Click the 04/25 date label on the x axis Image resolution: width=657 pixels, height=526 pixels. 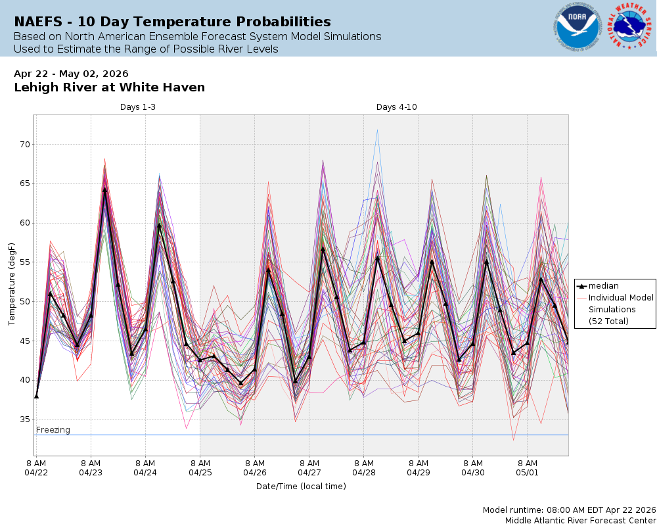tap(200, 472)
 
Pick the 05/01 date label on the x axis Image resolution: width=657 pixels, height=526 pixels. tap(527, 472)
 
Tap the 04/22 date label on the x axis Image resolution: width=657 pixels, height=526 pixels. tap(36, 472)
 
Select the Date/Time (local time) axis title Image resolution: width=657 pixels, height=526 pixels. tap(301, 487)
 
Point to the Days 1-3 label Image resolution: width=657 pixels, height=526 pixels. tap(137, 107)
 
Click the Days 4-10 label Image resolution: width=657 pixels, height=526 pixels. tap(396, 107)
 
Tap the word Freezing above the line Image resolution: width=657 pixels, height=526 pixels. tap(53, 430)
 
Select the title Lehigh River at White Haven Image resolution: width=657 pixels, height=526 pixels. tap(109, 87)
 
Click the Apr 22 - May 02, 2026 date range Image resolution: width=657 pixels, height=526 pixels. tap(71, 74)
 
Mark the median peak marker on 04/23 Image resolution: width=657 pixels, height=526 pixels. tap(104, 189)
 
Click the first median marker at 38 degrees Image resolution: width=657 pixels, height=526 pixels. tap(36, 396)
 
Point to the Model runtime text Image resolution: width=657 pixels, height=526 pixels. tap(569, 510)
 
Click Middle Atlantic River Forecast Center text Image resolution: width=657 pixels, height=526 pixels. tap(580, 520)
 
